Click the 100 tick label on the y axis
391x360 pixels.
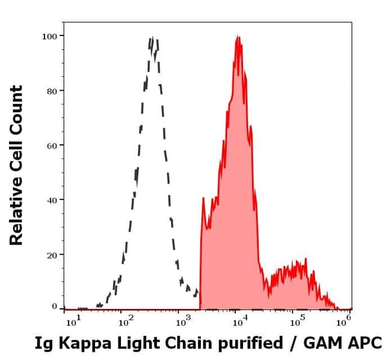[49, 36]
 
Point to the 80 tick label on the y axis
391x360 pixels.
[52, 91]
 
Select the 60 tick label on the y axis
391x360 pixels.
[52, 145]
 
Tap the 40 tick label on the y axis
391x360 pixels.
[52, 200]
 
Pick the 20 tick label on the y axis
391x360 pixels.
[52, 254]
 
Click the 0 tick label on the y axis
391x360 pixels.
[54, 307]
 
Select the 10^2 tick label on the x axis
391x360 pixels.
[126, 322]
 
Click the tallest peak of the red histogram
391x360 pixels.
[238, 37]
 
